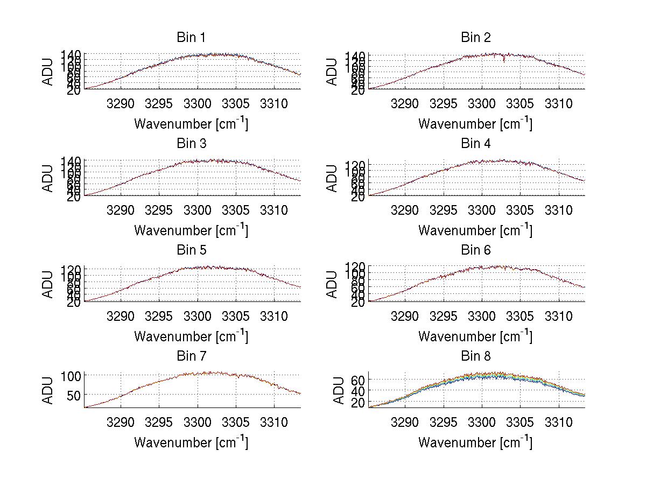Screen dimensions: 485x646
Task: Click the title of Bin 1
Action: coord(191,37)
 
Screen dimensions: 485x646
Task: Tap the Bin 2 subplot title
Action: coord(475,37)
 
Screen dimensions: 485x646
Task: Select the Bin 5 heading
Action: coord(191,250)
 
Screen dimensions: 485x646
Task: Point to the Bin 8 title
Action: coord(475,356)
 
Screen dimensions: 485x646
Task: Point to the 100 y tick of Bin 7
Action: coord(71,375)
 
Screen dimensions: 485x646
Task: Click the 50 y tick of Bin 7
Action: coord(74,395)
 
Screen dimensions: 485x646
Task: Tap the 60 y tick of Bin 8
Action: coord(358,380)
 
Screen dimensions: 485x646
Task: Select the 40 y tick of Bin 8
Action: coord(358,391)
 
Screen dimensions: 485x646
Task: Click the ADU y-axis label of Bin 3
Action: coord(48,178)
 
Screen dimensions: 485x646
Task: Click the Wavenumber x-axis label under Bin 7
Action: coord(191,442)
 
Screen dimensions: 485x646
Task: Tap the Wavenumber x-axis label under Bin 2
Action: coord(475,124)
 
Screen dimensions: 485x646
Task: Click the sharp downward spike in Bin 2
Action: coord(504,60)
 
